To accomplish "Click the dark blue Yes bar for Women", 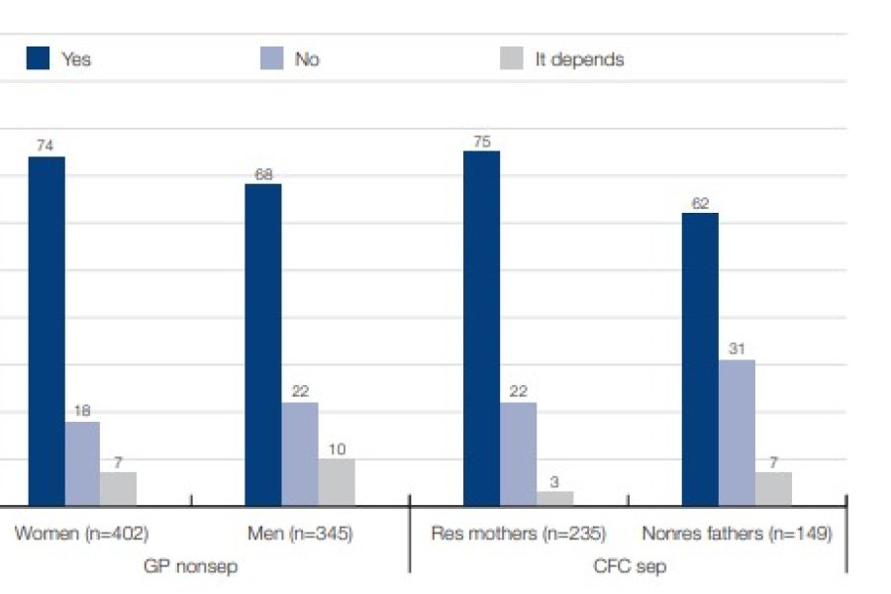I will coord(47,332).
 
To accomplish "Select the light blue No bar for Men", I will coord(300,454).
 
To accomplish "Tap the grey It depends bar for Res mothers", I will coord(554,499).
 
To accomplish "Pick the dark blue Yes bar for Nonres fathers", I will coord(700,359).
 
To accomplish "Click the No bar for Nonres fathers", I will coord(737,433).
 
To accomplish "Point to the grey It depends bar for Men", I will coord(337,482).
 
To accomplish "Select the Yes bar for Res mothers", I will coord(481,329).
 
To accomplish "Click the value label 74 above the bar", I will coord(46,146).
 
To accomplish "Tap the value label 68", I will coord(263,173).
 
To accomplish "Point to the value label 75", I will coord(482,141).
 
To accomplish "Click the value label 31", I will coord(737,348).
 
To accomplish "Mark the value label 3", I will coord(555,480).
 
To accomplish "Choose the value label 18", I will coord(82,410).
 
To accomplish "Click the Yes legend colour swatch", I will coord(38,59).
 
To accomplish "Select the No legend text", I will coord(307,59).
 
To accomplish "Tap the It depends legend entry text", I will coord(579,59).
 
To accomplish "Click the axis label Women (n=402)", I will coord(81,534).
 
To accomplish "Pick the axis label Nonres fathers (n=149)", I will coord(737,534).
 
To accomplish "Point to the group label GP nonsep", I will coord(191,566).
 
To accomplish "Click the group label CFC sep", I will coord(629,566).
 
